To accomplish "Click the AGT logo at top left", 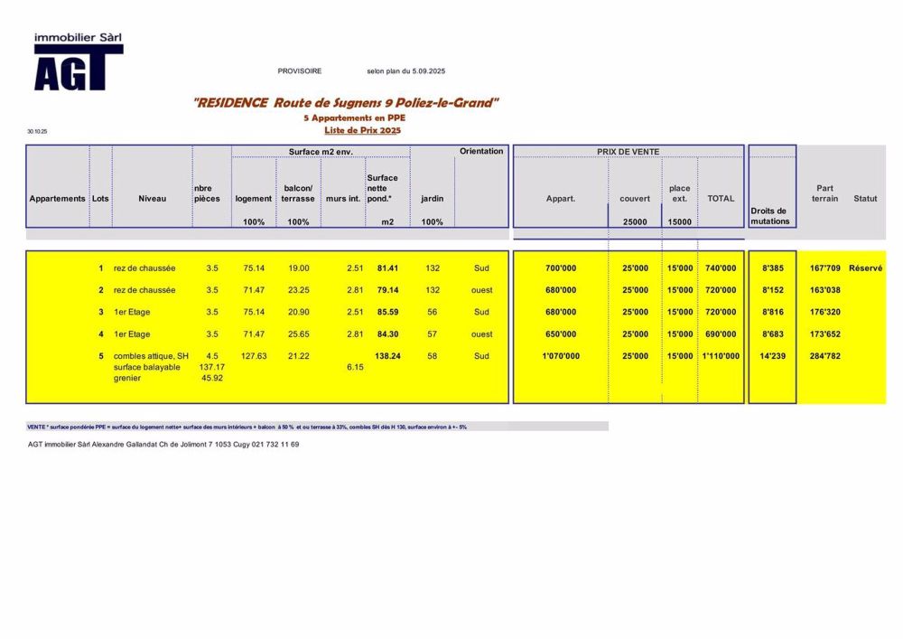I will coord(78,63).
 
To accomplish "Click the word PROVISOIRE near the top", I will coord(300,70).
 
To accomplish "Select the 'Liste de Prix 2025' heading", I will coord(362,130).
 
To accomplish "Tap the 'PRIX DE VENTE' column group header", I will coord(628,151).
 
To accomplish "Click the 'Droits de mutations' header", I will coord(770,216).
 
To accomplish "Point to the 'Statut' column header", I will coord(865,199).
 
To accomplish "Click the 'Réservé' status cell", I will coord(865,268).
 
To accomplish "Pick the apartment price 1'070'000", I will coord(561,356).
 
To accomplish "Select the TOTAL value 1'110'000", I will coord(721,356).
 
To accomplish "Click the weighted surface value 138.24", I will coord(387,356).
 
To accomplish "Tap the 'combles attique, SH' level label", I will coord(152,356).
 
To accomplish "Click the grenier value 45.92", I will coord(211,378).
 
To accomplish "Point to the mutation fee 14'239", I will coord(773,356).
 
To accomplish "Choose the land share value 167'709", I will coord(825,268).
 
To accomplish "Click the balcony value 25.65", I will coord(298,334).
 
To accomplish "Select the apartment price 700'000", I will coord(561,268).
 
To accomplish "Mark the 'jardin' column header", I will coord(433,199).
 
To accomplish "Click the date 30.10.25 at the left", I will coord(37,132).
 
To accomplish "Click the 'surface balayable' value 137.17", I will coord(211,367).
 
